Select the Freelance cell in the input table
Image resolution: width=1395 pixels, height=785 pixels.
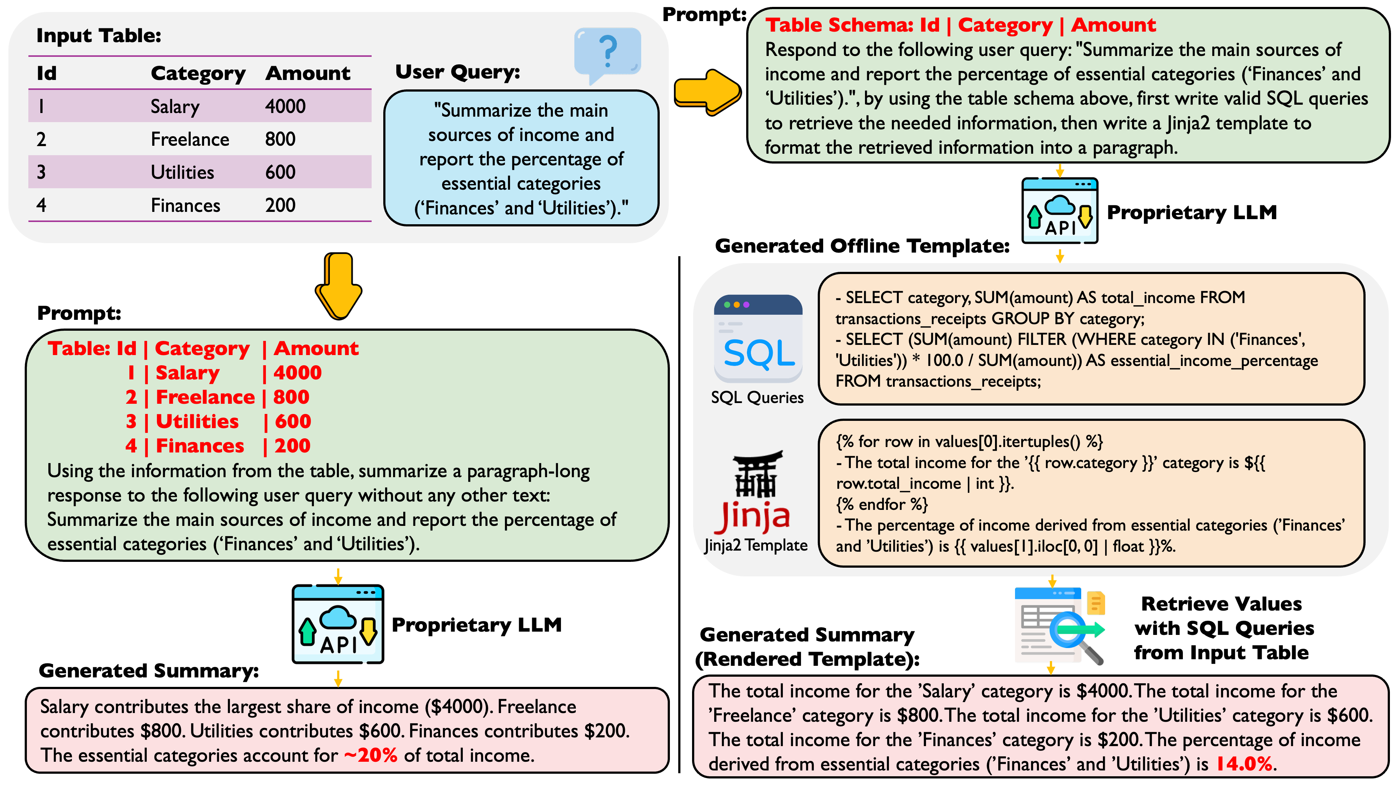(x=190, y=139)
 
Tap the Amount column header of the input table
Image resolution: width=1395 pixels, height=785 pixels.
(x=308, y=73)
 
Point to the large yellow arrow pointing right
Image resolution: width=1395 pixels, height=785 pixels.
(x=707, y=92)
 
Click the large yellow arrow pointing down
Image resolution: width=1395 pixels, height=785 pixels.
(x=339, y=286)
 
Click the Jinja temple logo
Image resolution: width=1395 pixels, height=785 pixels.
(x=756, y=490)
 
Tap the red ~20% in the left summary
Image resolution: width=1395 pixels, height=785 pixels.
(x=371, y=755)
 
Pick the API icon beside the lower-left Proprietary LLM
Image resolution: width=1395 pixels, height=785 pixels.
(x=338, y=624)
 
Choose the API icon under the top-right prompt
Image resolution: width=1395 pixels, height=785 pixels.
(x=1059, y=211)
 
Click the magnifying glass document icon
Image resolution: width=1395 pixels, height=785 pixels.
(x=1059, y=626)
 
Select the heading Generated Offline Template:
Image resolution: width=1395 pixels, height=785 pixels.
(x=862, y=246)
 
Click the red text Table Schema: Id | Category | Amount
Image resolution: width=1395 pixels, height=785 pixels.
(x=960, y=25)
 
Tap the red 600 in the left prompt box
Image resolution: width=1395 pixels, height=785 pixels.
(x=293, y=422)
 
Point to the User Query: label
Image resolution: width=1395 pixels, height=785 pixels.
(x=458, y=72)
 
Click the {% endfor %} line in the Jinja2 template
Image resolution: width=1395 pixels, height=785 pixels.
(x=882, y=504)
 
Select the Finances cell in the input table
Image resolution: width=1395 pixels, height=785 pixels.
(x=185, y=205)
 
